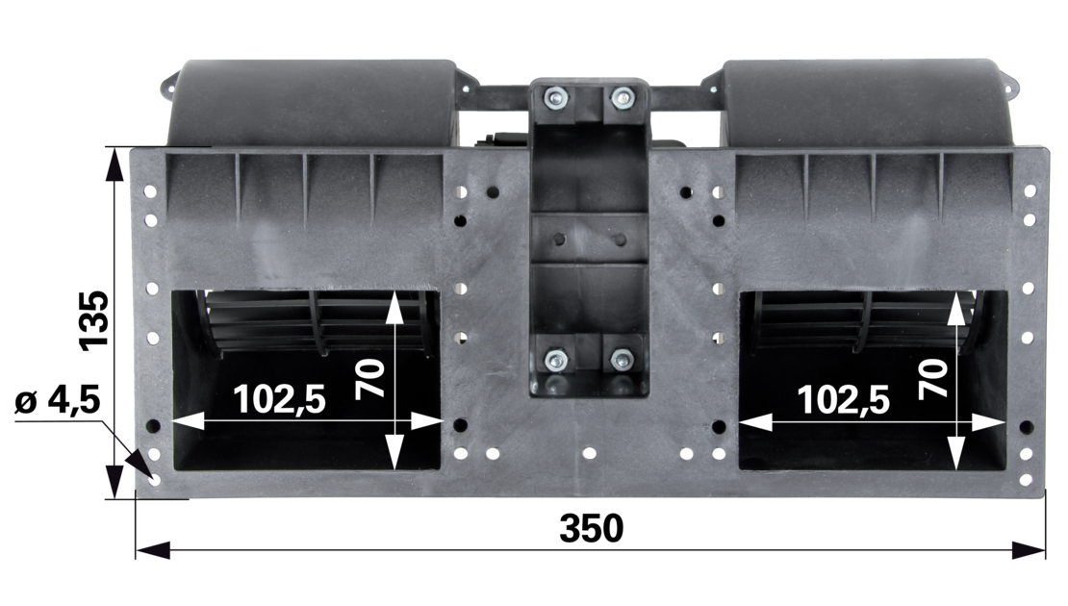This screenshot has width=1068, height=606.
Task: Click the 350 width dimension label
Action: [x=591, y=528]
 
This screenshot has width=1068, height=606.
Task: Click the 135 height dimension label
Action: [x=94, y=320]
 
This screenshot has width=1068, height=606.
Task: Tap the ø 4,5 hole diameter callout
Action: [x=58, y=400]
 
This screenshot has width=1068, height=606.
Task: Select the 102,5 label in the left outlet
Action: [x=279, y=400]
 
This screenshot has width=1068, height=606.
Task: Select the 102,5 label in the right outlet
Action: [x=843, y=400]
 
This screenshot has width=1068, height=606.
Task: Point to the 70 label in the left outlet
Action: [x=370, y=379]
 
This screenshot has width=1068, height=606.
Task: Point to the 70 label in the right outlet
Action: [x=934, y=379]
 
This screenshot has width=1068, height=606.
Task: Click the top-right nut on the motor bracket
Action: [x=622, y=99]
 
